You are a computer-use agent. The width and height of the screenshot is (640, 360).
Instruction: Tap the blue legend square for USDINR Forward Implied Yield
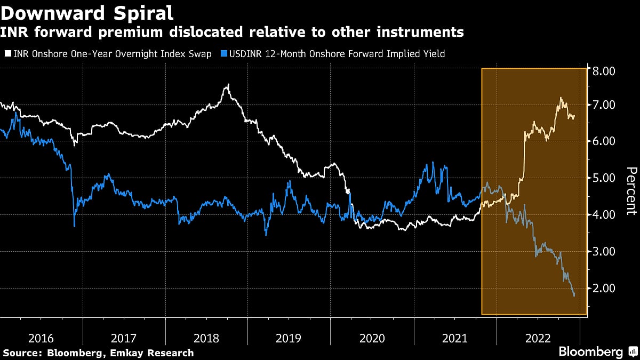tap(225, 54)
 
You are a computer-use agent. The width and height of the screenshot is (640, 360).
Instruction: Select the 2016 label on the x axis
tap(41, 338)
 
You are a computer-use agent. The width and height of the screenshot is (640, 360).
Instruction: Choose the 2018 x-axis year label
tap(206, 338)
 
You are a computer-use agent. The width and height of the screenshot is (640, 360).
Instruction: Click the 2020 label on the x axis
tap(372, 338)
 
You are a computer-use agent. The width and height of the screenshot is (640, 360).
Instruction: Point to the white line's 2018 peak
tap(228, 84)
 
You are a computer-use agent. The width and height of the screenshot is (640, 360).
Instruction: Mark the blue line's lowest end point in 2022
tap(574, 295)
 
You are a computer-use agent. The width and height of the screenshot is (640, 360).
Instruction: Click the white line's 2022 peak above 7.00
tap(561, 98)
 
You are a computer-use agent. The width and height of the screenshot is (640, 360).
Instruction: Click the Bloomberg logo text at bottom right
tap(590, 352)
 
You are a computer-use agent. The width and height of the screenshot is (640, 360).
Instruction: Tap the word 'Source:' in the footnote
tap(22, 353)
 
